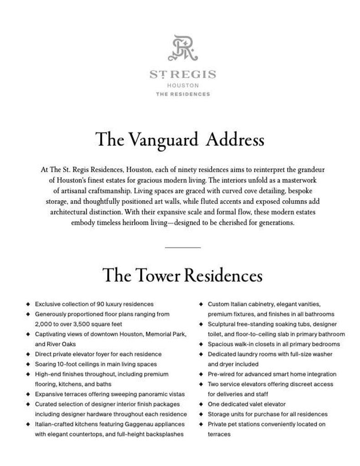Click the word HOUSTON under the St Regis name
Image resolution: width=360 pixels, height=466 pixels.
[x=183, y=85]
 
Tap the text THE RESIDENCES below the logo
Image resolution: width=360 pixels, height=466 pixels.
[x=183, y=94]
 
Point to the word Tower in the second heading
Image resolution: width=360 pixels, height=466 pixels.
[x=162, y=276]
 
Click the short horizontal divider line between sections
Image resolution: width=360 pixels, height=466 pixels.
[x=183, y=247]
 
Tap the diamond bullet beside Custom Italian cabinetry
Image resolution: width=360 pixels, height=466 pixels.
[x=201, y=304]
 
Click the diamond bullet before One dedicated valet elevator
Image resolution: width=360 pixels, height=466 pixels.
[x=201, y=404]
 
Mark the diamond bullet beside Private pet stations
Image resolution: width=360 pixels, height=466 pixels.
[x=201, y=424]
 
